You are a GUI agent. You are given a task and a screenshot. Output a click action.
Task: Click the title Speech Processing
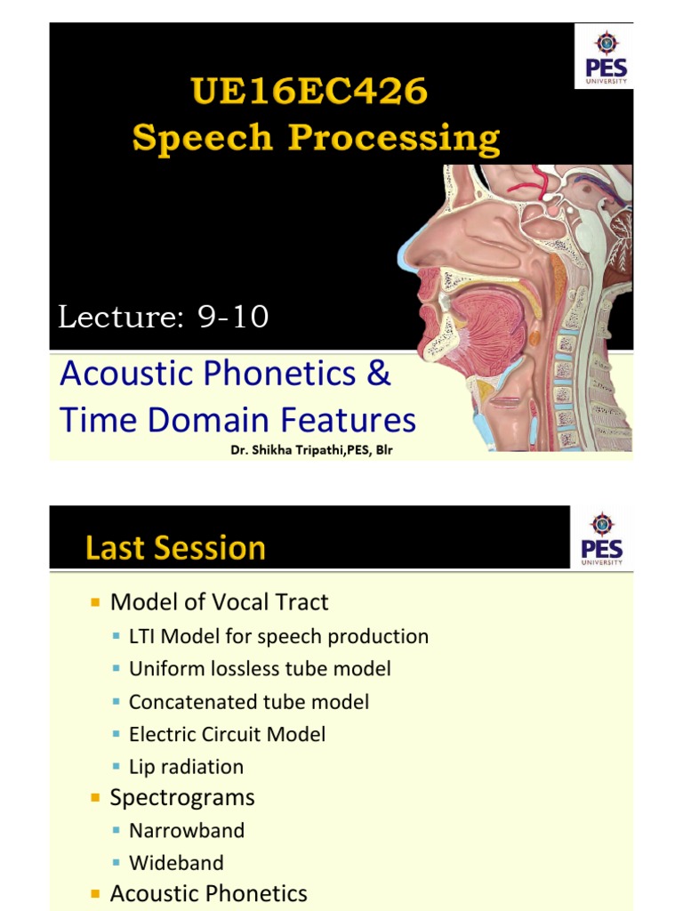point(316,139)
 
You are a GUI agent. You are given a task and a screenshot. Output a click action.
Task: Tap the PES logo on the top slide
point(605,57)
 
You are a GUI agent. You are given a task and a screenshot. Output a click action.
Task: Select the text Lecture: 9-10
point(164,317)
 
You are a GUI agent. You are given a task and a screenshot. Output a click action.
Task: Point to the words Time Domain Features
point(237,419)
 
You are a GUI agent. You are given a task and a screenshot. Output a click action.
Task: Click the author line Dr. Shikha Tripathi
point(311,450)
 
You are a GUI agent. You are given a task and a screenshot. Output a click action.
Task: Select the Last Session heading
point(175,547)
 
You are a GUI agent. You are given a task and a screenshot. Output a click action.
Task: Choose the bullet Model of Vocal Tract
point(219,602)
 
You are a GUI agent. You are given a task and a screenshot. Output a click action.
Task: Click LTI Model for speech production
point(278,636)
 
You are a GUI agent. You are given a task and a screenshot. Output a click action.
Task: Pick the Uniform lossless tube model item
point(260,669)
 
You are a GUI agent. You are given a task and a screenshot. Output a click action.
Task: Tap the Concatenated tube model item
point(249,702)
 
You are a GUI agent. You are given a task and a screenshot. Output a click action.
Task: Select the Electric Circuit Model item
point(227,734)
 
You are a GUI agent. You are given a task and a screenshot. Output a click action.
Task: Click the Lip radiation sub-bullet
point(186,767)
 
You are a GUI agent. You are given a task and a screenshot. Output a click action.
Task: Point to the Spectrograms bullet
point(181,797)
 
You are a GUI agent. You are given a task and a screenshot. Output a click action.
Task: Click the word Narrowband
point(186,830)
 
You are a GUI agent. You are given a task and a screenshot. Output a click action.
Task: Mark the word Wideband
point(176,862)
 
